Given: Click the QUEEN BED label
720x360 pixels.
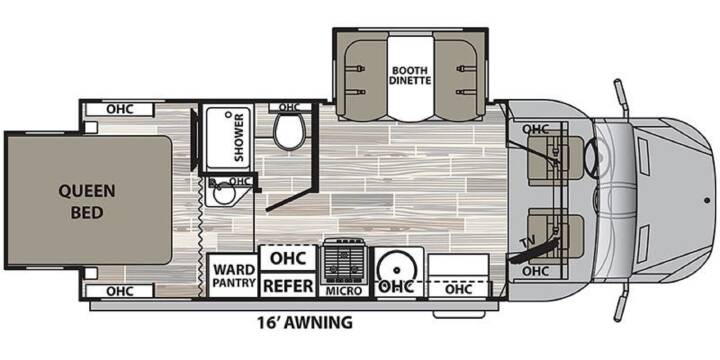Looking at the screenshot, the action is (x=87, y=202).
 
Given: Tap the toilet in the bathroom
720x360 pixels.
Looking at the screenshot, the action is (x=289, y=131).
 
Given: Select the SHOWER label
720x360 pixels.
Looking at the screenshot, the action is (x=239, y=138).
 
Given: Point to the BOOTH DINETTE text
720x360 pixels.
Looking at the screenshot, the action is (x=411, y=76).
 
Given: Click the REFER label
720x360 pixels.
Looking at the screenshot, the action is (x=288, y=286).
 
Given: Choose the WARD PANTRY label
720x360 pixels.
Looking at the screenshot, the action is (x=234, y=276).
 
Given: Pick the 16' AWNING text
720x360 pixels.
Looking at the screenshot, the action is (x=304, y=322).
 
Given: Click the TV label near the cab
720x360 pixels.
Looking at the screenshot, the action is (x=526, y=243).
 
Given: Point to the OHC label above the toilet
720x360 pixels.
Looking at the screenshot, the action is (x=289, y=107).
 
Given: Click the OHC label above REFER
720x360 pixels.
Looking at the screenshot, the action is (x=288, y=258).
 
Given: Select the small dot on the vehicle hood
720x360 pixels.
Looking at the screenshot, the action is (x=707, y=200).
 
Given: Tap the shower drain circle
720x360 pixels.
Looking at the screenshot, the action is (x=228, y=114).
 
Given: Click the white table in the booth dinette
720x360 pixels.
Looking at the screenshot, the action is (x=411, y=79).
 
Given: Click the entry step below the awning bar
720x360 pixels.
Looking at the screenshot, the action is (x=459, y=315).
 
